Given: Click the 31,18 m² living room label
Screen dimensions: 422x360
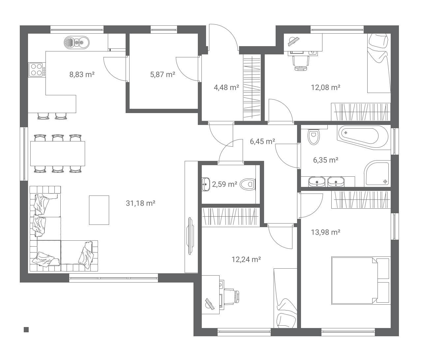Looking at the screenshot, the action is coord(140,203).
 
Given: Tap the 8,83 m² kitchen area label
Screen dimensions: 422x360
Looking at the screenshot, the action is coord(82,75).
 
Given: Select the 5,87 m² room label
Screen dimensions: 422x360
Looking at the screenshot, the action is coord(163,75).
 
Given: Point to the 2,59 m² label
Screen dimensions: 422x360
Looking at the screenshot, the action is coord(225,184).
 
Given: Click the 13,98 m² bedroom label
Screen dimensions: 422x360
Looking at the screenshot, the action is coord(325,232).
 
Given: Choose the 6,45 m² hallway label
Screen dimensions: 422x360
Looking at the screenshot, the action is coord(262,141).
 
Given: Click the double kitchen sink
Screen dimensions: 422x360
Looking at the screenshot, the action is coord(76,43).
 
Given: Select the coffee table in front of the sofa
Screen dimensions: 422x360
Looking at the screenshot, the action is coord(99,210).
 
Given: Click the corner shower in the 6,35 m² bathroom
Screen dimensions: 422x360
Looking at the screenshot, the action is coord(377,174).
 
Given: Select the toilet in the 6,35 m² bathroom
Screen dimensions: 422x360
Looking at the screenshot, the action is coord(314,136).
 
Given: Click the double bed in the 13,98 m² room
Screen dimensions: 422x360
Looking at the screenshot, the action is coord(361,281).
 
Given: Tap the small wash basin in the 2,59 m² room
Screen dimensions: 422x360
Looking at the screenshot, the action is coord(206,184).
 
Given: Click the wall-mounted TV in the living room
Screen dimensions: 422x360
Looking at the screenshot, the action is coord(190,236).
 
